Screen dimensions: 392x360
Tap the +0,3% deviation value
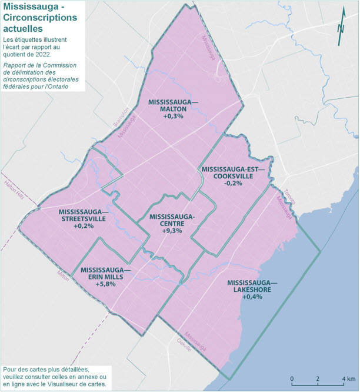coord(174,117)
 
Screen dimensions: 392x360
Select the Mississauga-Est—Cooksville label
coord(234,172)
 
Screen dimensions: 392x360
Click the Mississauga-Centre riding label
coord(172,220)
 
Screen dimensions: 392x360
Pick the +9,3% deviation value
coord(172,231)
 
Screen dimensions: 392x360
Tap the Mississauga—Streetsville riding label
coord(84,215)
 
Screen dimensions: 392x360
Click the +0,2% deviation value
coord(84,226)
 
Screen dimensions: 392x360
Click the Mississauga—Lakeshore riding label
coord(252,285)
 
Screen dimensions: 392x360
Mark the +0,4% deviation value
coord(252,297)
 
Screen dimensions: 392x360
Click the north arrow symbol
coord(341,32)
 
